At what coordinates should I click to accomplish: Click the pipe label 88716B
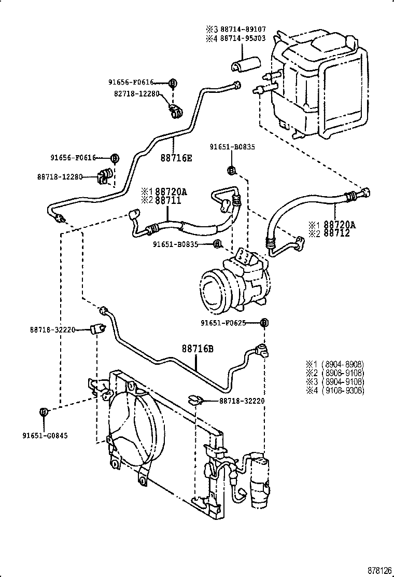pos(197,349)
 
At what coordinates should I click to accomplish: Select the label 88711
pos(168,200)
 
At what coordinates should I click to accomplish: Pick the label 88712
pos(337,233)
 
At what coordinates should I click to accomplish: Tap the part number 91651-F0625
pos(226,323)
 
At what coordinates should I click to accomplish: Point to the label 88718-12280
pos(60,177)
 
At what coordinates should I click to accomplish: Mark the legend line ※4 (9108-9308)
pos(335,391)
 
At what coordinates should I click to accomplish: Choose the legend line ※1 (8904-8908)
pos(335,364)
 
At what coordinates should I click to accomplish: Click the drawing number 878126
pos(380,570)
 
